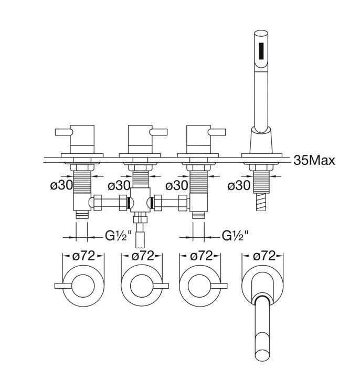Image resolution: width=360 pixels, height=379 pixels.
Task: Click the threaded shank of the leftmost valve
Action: point(83,181)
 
